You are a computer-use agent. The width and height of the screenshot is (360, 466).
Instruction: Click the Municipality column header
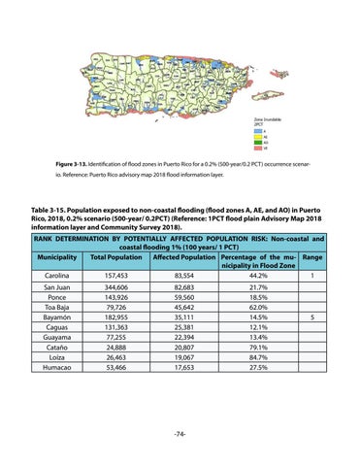61,257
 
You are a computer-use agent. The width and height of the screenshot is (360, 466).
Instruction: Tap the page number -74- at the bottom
180,432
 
